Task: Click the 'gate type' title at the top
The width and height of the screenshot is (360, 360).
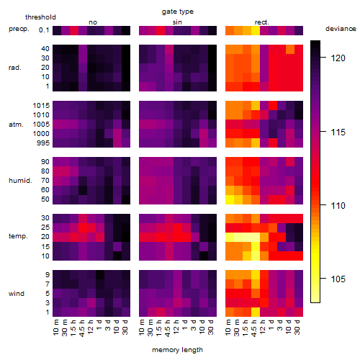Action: [x=178, y=12]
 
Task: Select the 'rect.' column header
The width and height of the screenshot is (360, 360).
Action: [x=261, y=22]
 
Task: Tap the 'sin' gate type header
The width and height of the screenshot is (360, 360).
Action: [x=177, y=22]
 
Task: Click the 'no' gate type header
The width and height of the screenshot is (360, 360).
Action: [x=93, y=22]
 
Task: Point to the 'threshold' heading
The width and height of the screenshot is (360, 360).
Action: [x=40, y=17]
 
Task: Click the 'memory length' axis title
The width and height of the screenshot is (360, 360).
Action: [x=178, y=350]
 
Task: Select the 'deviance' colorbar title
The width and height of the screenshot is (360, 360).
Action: [x=341, y=29]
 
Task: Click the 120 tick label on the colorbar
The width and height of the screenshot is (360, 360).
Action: [x=338, y=58]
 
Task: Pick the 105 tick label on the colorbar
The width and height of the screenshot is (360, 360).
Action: [x=338, y=279]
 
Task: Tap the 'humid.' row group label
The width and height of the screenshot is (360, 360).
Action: [x=20, y=181]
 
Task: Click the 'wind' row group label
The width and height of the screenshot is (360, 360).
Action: [x=17, y=294]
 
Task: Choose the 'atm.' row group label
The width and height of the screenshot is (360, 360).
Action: [x=16, y=125]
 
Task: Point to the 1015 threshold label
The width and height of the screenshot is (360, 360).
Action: [x=41, y=106]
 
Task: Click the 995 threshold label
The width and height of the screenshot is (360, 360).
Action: [x=43, y=143]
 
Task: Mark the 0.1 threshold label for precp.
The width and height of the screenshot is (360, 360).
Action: [x=44, y=30]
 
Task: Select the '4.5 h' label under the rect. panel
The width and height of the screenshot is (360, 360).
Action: [x=254, y=328]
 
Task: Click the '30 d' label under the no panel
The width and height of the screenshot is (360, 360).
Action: [x=125, y=327]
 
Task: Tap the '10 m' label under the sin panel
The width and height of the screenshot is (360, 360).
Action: [x=142, y=327]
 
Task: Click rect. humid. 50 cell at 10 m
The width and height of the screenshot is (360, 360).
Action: [x=230, y=199]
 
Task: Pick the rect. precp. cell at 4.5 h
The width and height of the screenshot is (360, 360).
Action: [x=256, y=30]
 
